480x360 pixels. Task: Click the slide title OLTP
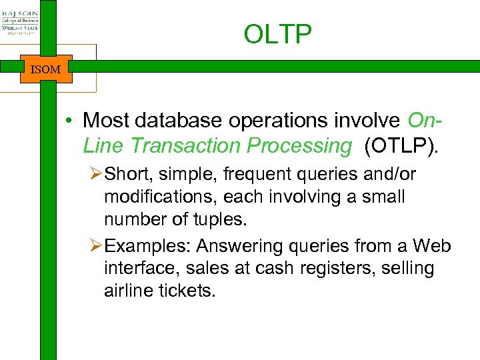(x=277, y=35)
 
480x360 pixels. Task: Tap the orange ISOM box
(x=45, y=69)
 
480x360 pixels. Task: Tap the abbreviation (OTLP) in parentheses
(x=402, y=145)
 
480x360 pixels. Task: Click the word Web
(x=432, y=247)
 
